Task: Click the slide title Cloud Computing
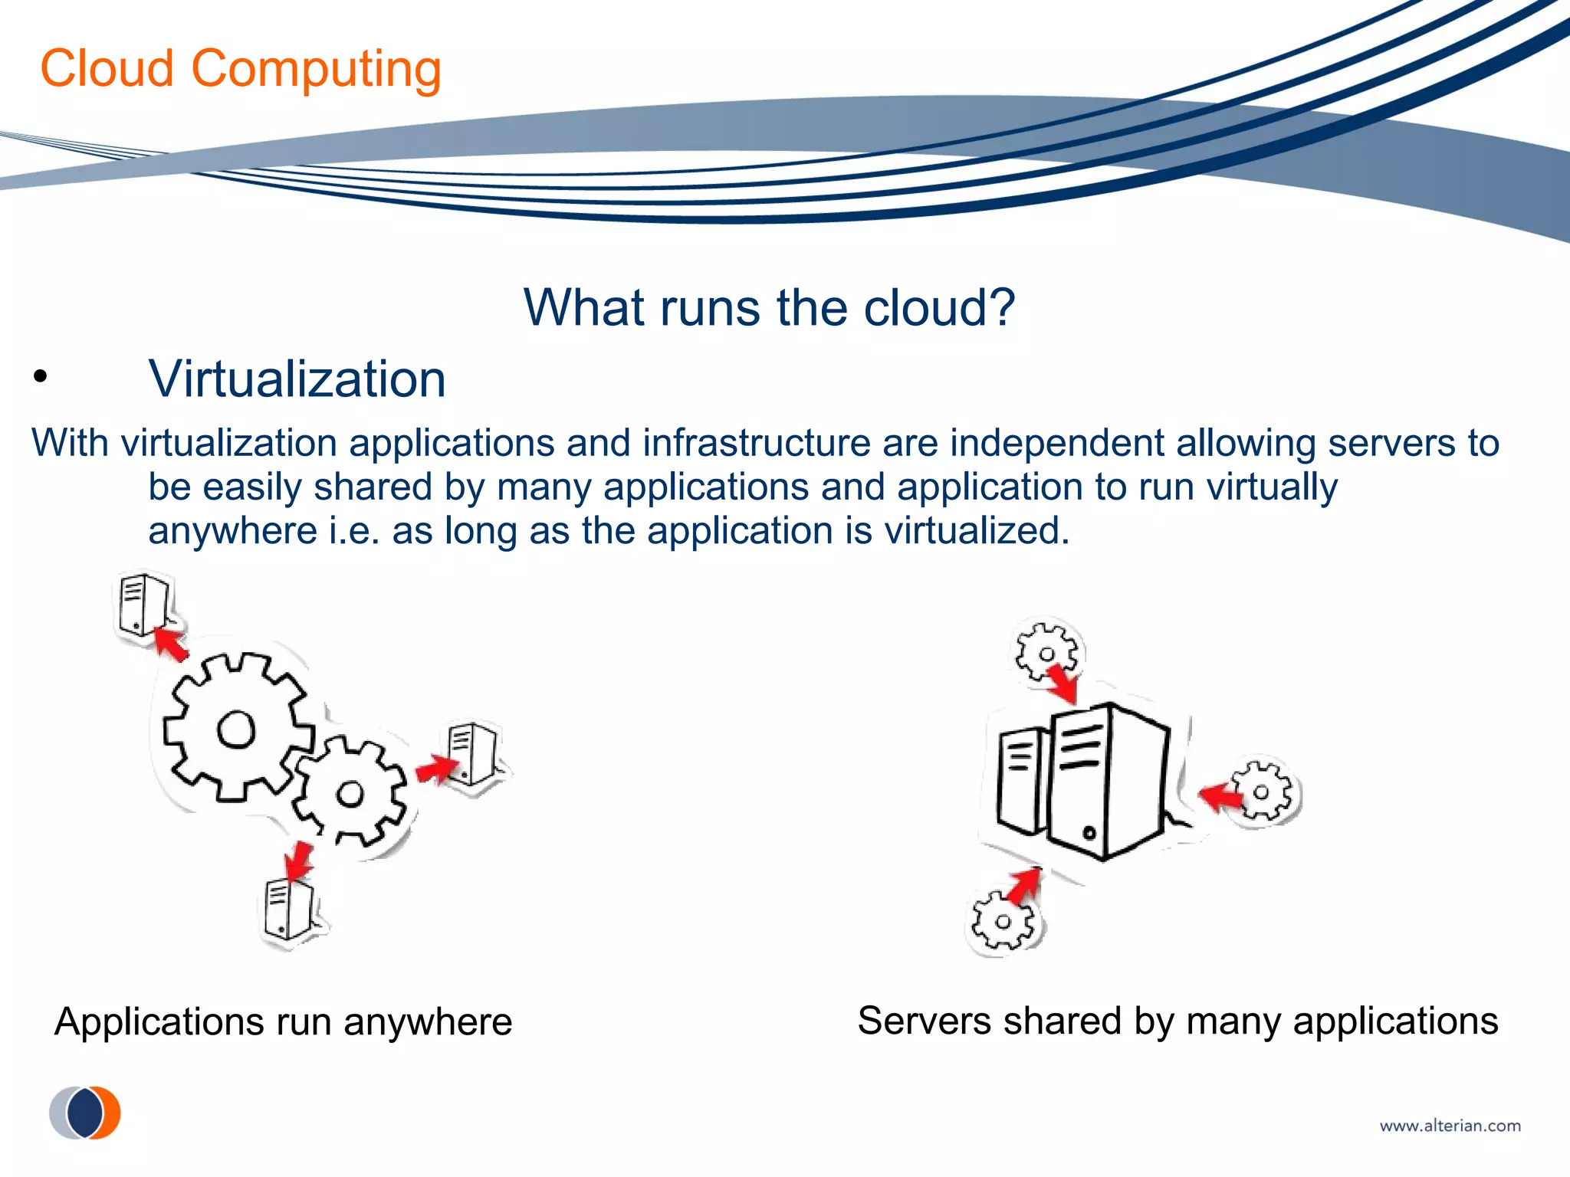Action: tap(241, 69)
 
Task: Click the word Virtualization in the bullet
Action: tap(297, 379)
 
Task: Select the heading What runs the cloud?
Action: tap(769, 308)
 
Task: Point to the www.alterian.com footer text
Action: tap(1450, 1126)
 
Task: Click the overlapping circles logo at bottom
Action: tap(85, 1113)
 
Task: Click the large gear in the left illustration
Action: tap(235, 728)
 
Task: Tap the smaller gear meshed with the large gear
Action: tap(351, 793)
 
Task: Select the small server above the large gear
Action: tap(143, 605)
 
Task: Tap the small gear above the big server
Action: tap(1046, 654)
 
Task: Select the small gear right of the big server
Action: tap(1262, 792)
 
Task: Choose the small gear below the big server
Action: tap(1003, 922)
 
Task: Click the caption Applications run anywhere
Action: tap(283, 1022)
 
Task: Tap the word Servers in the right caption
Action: tap(924, 1021)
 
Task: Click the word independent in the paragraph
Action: tap(1057, 444)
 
